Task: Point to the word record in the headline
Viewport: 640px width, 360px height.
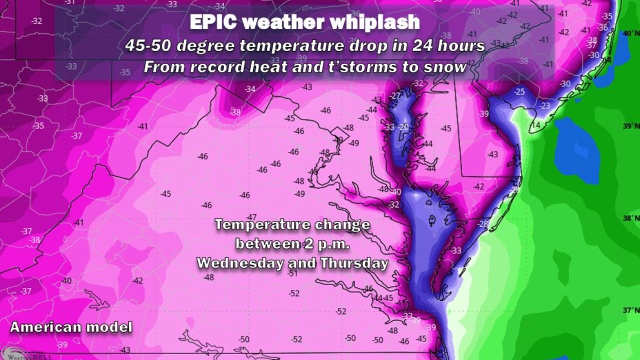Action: coord(214,67)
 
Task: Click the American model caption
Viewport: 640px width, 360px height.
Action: coord(71,327)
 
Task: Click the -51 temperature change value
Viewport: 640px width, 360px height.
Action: coord(292,273)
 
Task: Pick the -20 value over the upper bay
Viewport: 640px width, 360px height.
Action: coord(403,127)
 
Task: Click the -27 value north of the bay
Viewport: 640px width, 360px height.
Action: coord(395,95)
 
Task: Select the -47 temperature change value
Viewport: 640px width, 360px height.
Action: coord(251,216)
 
